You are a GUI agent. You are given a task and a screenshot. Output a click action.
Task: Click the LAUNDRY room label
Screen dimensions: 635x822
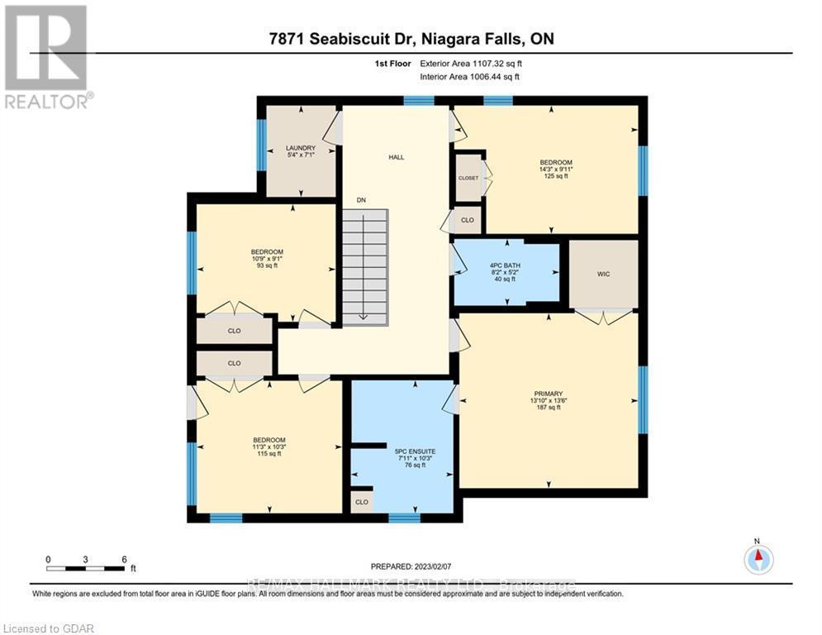coord(296,148)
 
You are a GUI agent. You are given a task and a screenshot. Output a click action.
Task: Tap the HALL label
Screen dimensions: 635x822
coord(397,157)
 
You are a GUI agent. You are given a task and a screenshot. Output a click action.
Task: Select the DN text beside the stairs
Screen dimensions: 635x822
coord(361,200)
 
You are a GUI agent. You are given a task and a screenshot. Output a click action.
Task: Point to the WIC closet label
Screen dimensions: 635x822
coord(603,274)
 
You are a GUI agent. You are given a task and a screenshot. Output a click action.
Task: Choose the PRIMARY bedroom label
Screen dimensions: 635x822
coord(548,394)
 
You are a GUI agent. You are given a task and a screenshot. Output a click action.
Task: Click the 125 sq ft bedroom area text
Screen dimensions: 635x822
coord(556,176)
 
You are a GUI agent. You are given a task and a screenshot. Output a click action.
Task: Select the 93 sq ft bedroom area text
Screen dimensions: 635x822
coord(267,265)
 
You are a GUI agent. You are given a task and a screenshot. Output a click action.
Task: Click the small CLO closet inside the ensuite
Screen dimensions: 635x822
coord(362,502)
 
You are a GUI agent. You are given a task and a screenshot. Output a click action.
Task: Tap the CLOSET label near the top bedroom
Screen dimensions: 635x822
coord(468,178)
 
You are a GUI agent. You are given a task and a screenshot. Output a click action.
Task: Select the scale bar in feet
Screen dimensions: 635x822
coord(87,568)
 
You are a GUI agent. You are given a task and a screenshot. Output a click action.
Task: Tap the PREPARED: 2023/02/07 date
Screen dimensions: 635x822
coord(411,566)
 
